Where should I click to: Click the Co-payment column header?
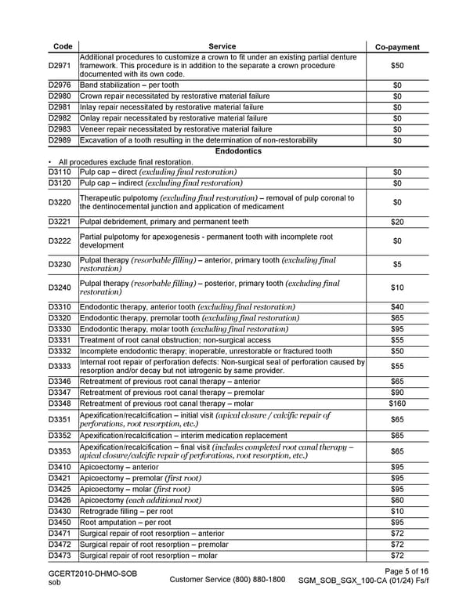pyautogui.click(x=397, y=47)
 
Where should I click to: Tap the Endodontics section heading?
pyautogui.click(x=221, y=151)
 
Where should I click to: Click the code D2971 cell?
pyautogui.click(x=60, y=67)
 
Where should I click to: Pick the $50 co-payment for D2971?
pyautogui.click(x=397, y=67)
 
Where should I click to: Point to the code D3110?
pyautogui.click(x=60, y=172)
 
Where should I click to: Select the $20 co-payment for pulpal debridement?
pyautogui.click(x=397, y=222)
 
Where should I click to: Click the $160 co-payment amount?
pyautogui.click(x=397, y=404)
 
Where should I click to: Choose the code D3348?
pyautogui.click(x=60, y=404)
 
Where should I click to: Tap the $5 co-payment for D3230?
pyautogui.click(x=397, y=265)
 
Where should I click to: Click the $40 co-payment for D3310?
pyautogui.click(x=397, y=306)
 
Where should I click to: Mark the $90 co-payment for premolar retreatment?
pyautogui.click(x=397, y=393)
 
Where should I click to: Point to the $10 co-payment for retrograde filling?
pyautogui.click(x=397, y=511)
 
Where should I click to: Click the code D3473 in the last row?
pyautogui.click(x=60, y=556)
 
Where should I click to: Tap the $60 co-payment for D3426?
pyautogui.click(x=397, y=500)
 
